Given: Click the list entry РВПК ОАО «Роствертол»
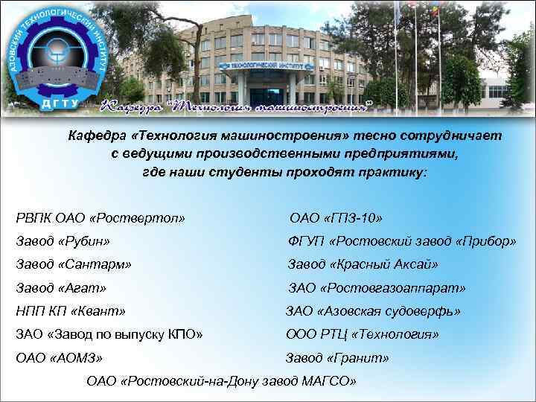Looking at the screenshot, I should coord(100,218).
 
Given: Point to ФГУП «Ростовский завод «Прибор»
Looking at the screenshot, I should coord(402,241).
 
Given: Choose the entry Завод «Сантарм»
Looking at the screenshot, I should coord(74,264).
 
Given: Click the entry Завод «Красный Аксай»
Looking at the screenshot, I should coord(363,264).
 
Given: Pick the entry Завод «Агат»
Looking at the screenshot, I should coord(61,287).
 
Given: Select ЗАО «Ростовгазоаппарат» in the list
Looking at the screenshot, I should coord(377,287).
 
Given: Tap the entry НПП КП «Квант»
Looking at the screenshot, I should coord(71,310).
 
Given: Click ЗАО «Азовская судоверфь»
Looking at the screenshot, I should coord(374,310).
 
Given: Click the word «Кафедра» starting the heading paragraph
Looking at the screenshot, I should coord(92,136).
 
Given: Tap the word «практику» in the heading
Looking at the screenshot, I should coord(396,170).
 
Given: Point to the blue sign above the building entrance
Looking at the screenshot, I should coord(269,66).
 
